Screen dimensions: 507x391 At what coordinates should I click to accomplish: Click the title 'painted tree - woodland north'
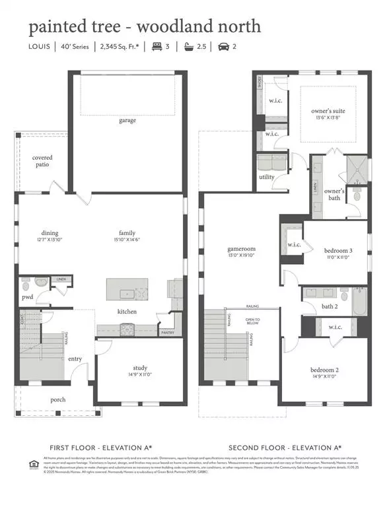tap(144, 26)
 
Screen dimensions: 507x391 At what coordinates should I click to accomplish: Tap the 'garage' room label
tap(127, 120)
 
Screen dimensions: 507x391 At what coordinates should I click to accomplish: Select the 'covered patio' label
tap(43, 162)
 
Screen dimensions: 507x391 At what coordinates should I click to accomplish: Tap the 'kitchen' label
tap(127, 311)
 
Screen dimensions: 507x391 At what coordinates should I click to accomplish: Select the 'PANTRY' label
tap(168, 333)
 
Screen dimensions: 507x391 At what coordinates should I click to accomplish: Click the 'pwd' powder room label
tap(26, 298)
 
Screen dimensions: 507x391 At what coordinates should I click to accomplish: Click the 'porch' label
tap(58, 400)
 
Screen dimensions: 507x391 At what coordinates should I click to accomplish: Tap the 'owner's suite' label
tap(328, 111)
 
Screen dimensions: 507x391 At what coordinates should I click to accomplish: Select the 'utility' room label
tap(267, 178)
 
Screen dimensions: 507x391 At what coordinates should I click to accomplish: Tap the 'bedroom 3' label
tap(338, 251)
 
